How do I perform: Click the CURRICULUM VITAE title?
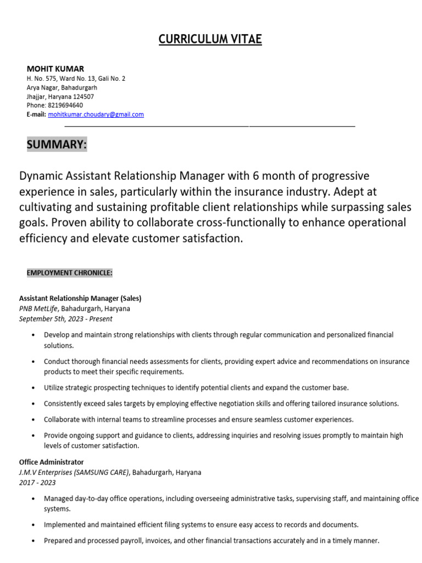click(210, 39)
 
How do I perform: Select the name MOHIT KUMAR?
click(55, 69)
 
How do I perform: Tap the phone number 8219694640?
click(66, 105)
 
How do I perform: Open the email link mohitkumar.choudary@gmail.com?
click(96, 114)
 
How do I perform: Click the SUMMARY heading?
click(57, 145)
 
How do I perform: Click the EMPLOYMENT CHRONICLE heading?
click(70, 273)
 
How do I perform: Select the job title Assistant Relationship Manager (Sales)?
click(80, 299)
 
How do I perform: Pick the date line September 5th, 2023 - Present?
click(65, 318)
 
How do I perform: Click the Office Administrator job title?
click(52, 462)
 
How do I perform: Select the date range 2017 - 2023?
click(37, 483)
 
